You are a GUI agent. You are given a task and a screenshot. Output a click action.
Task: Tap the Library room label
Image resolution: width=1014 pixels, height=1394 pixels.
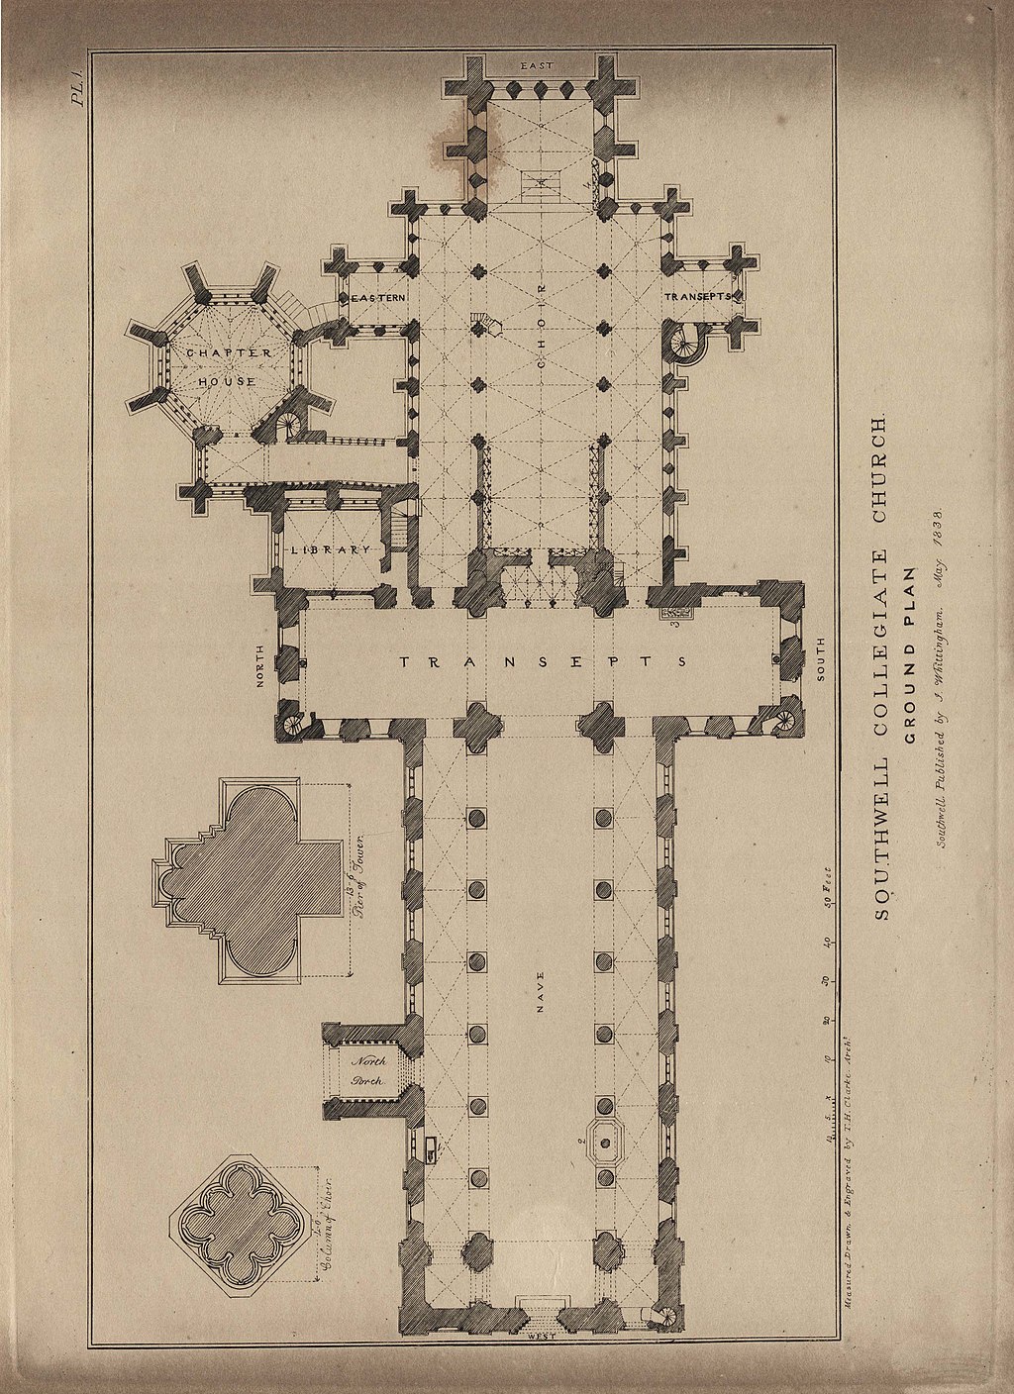coord(329,549)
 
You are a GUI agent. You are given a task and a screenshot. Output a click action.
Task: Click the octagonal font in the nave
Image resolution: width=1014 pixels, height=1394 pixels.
coord(603,1145)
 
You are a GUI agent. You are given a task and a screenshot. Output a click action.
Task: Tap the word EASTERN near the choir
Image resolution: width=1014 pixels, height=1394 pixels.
coord(373,298)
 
